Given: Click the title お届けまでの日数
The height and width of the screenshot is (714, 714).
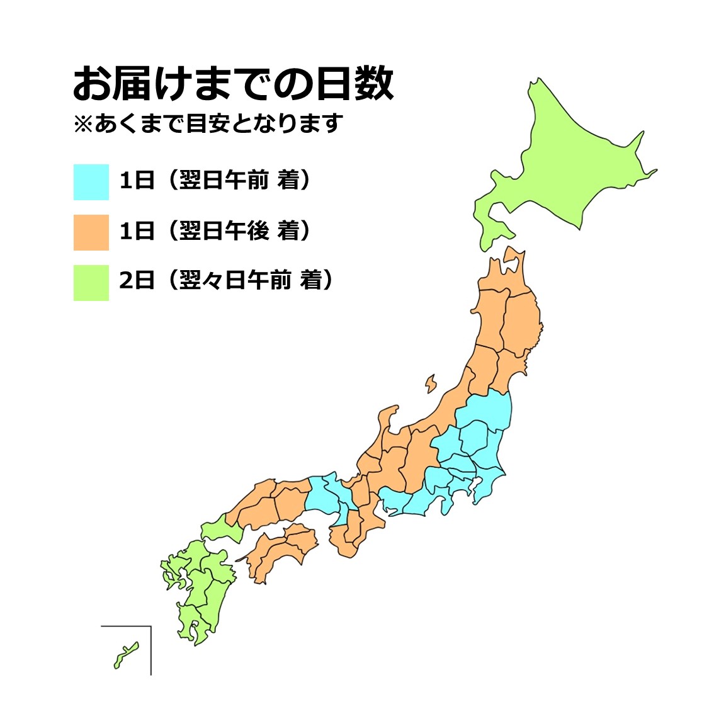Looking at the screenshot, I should (233, 84).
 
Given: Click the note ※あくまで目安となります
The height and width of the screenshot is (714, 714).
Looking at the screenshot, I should (208, 123).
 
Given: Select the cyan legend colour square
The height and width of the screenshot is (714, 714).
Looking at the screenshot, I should (91, 182).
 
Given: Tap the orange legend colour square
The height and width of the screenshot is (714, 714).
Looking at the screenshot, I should (91, 232).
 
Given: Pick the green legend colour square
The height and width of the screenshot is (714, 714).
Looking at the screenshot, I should (91, 283).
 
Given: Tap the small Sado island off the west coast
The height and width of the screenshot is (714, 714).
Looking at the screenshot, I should (431, 383).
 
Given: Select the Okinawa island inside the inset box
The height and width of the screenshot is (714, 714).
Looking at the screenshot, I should (126, 655).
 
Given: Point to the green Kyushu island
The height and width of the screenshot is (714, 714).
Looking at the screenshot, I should (201, 586).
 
